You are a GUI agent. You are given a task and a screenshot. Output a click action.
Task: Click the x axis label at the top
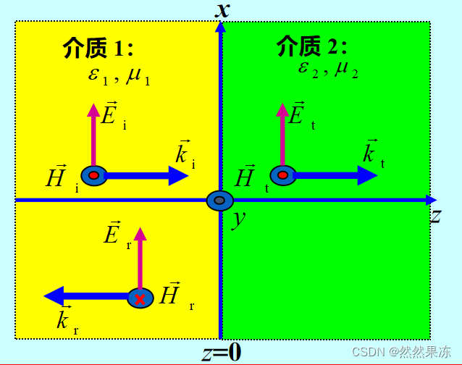coord(222,9)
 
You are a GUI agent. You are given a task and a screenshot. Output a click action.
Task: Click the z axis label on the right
coord(435,215)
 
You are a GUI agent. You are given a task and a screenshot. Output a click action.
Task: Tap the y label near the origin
coord(236,218)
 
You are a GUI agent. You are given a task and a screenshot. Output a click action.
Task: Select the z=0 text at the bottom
coord(221,353)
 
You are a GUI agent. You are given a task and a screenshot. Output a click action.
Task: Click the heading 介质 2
coord(311,47)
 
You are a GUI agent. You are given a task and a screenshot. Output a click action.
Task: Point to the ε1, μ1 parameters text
coord(119,75)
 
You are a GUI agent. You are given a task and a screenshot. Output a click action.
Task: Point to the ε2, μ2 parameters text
coord(327,70)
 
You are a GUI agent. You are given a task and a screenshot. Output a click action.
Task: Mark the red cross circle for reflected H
coord(140,298)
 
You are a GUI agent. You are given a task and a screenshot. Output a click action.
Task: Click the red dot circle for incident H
coord(94,175)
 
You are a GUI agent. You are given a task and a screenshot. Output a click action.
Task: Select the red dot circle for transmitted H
coord(282,175)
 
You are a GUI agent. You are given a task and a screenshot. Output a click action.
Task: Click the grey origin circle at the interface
coord(219,201)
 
